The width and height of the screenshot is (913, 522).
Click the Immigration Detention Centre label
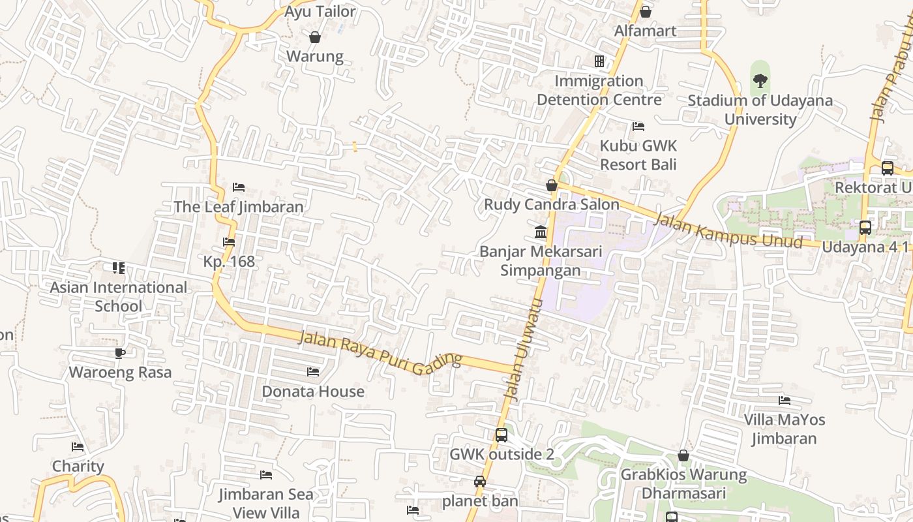click(599, 90)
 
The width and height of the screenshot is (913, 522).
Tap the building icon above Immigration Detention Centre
click(599, 61)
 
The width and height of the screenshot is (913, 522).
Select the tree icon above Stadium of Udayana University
click(760, 81)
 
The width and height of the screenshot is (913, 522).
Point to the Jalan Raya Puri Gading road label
click(380, 350)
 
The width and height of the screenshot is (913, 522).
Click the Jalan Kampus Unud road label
click(728, 230)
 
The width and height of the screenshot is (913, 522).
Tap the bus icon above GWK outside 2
click(501, 435)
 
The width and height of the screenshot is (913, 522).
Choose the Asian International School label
click(118, 296)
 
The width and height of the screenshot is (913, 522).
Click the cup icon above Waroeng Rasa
click(120, 353)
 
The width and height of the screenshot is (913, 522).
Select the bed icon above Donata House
click(313, 372)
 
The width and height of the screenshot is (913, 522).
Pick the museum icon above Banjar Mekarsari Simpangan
click(541, 232)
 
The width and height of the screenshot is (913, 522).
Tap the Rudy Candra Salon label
click(551, 204)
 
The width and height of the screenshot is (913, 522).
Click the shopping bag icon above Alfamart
click(645, 12)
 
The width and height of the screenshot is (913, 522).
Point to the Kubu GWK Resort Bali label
click(638, 155)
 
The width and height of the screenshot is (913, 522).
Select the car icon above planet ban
click(480, 482)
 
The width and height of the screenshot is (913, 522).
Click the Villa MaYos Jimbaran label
click(784, 429)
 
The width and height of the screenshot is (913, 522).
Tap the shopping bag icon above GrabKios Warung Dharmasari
click(683, 455)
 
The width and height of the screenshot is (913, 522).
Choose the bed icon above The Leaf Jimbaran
click(239, 187)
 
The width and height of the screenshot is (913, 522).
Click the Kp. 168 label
click(229, 261)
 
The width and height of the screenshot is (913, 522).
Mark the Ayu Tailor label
click(320, 12)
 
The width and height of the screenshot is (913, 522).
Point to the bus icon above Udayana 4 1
click(865, 228)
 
